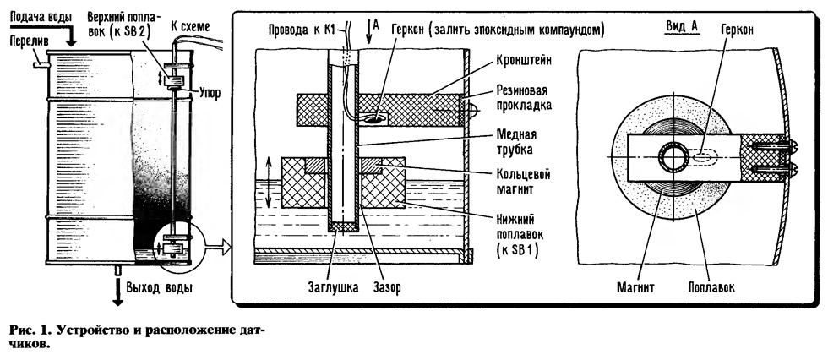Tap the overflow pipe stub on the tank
[x=40, y=65]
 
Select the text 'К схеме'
[x=189, y=25]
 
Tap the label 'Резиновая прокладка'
[x=524, y=97]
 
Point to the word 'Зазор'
[x=386, y=287]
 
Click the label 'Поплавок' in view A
[x=711, y=287]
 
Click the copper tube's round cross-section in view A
[x=673, y=158]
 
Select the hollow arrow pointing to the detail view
[x=217, y=245]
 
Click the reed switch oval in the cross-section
[x=373, y=120]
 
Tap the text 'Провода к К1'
[x=301, y=30]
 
